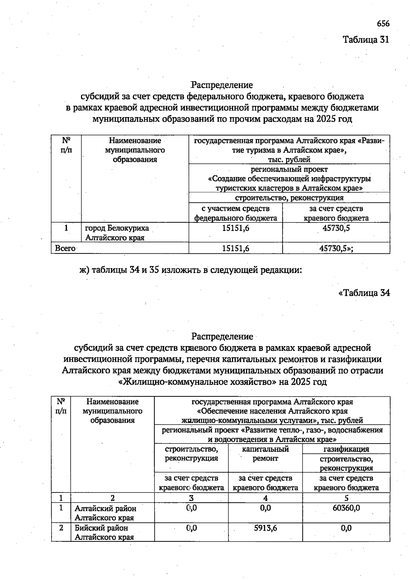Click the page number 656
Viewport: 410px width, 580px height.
click(383, 24)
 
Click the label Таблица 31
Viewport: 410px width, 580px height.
click(366, 40)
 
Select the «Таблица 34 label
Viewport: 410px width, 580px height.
click(364, 293)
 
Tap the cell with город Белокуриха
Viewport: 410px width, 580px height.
click(117, 233)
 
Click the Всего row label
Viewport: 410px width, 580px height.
click(65, 249)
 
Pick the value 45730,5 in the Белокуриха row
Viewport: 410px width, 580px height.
click(336, 228)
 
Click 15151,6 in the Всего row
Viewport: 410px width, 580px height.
click(235, 249)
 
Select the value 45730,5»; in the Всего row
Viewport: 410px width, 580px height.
click(336, 249)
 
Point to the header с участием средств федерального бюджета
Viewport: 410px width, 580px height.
click(235, 213)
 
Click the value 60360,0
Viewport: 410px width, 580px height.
click(346, 508)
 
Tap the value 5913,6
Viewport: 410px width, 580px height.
click(265, 528)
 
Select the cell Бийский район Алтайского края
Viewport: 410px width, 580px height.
click(105, 532)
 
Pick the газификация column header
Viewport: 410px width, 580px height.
click(346, 449)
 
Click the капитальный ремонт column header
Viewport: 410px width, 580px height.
click(265, 453)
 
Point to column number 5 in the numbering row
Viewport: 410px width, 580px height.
click(346, 498)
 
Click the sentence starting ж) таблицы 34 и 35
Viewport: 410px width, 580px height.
click(191, 270)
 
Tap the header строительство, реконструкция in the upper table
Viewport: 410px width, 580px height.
click(289, 198)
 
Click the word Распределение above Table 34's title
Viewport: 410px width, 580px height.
click(222, 337)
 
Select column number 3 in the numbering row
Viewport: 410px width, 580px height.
click(191, 498)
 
